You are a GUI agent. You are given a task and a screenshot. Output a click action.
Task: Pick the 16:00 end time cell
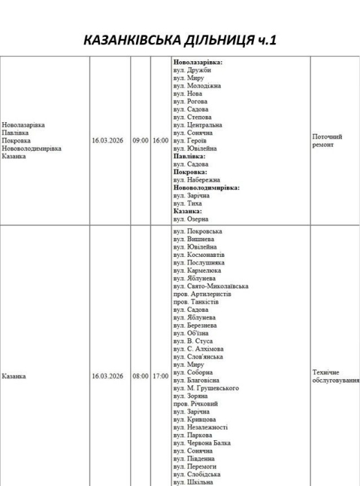coord(160,140)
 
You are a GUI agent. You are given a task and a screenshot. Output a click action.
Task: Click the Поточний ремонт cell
coord(327,140)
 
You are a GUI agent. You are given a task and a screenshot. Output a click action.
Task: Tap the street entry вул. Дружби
coord(192,69)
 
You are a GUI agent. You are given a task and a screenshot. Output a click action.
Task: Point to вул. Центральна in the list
coord(198,125)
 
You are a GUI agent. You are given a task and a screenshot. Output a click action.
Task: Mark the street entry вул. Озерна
coord(191,219)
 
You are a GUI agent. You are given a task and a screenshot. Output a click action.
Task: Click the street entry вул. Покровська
coord(198,231)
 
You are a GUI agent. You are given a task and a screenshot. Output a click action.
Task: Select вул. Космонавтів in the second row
coord(199,254)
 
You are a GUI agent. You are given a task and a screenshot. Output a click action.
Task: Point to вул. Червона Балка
coord(202,443)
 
